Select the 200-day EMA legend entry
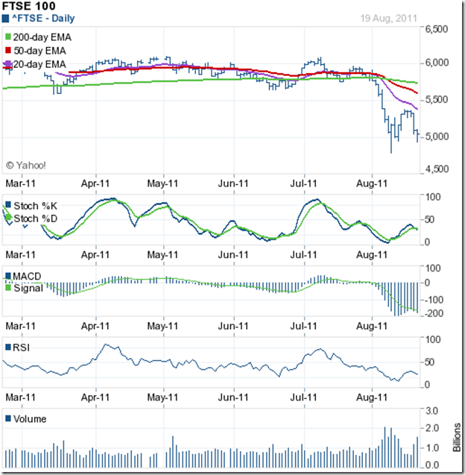(38, 36)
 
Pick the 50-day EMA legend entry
(36, 51)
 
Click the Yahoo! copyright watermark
(26, 165)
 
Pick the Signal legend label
(28, 288)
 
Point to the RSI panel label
(22, 347)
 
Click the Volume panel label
(30, 418)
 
